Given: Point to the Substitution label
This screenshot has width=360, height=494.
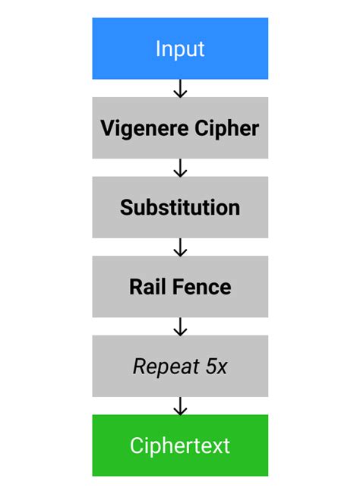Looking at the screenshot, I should (x=180, y=207).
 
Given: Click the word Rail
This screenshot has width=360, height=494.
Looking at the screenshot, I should (x=146, y=287).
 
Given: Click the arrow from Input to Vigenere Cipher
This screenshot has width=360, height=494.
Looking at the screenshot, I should (x=180, y=89).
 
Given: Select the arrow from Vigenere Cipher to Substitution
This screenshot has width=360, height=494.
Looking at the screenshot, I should (x=180, y=168).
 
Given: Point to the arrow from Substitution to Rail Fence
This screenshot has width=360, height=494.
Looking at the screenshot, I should (x=180, y=247).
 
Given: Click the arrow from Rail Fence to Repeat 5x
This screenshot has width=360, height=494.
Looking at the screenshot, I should (x=180, y=326).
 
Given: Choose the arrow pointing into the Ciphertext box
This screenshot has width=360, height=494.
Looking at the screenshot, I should (x=180, y=406).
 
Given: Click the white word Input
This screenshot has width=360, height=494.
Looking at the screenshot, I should (x=180, y=49).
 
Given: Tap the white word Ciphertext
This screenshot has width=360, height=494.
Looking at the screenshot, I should (x=180, y=445).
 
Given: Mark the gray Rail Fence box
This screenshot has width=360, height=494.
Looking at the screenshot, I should (x=180, y=304).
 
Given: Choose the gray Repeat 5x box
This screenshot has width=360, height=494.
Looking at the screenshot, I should (x=180, y=383).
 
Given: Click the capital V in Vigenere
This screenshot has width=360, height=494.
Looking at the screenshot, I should (x=107, y=127).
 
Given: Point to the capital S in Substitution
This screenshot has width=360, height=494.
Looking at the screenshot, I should (x=126, y=207).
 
